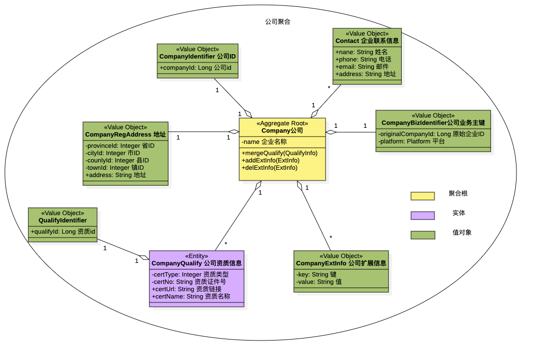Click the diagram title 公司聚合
tap(278, 21)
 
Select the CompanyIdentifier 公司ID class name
tap(197, 57)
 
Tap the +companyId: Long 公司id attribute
tap(195, 67)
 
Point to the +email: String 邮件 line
tap(362, 66)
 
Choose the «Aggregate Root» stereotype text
tap(282, 123)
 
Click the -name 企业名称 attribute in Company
tap(264, 142)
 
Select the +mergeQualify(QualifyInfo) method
tap(279, 153)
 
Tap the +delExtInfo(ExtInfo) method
tap(269, 167)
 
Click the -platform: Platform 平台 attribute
tap(405, 141)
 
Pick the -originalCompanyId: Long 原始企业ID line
tap(431, 134)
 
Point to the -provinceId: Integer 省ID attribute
tap(120, 145)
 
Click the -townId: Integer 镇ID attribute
tap(114, 167)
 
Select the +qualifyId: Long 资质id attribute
tap(62, 231)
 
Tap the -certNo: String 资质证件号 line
tap(188, 281)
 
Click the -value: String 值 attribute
tap(319, 281)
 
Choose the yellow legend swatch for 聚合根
tap(422, 196)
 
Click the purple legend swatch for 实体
tap(422, 216)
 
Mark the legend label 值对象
tap(462, 233)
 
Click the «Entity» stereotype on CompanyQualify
tap(196, 256)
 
